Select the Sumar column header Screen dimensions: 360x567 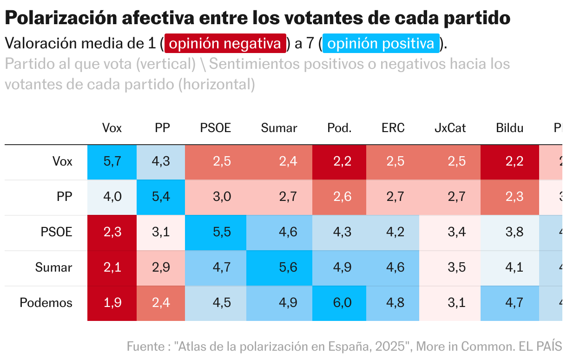click(x=279, y=128)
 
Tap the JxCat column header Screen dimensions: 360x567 click(x=450, y=128)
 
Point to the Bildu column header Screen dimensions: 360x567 click(x=509, y=128)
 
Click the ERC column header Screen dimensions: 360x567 click(x=393, y=128)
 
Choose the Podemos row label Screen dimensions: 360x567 click(x=46, y=303)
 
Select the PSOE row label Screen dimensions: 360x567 click(x=56, y=232)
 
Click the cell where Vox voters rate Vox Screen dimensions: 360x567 click(x=112, y=161)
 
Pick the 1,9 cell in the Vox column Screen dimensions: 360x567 click(x=112, y=303)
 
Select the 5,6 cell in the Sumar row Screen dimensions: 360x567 click(x=279, y=267)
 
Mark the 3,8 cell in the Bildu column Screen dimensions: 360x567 click(x=509, y=232)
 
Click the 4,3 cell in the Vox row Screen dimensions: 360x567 click(x=161, y=161)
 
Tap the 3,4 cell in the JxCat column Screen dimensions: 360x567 click(x=450, y=232)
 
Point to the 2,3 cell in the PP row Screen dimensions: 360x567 click(x=509, y=197)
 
